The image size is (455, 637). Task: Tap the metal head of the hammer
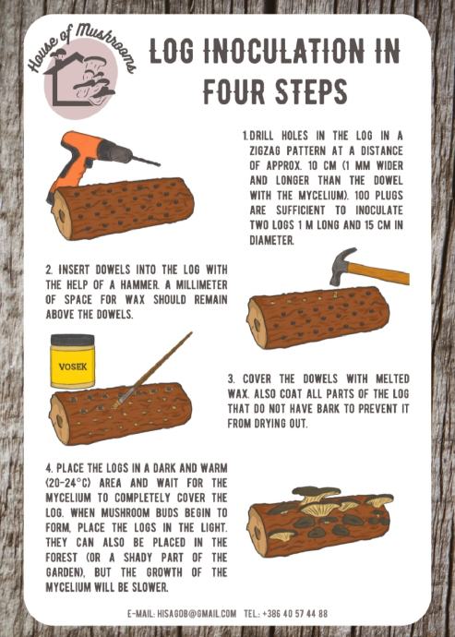342,265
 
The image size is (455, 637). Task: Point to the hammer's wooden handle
377,273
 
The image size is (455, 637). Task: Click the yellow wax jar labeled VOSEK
73,361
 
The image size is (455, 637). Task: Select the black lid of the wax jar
73,340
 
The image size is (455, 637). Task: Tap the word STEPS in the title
312,91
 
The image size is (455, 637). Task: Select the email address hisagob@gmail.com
197,613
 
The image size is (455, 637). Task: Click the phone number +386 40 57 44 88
294,613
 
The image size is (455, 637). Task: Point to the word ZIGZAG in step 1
265,150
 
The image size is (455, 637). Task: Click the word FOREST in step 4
61,558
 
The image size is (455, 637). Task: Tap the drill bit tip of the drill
160,165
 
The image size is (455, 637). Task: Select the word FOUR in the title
234,91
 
